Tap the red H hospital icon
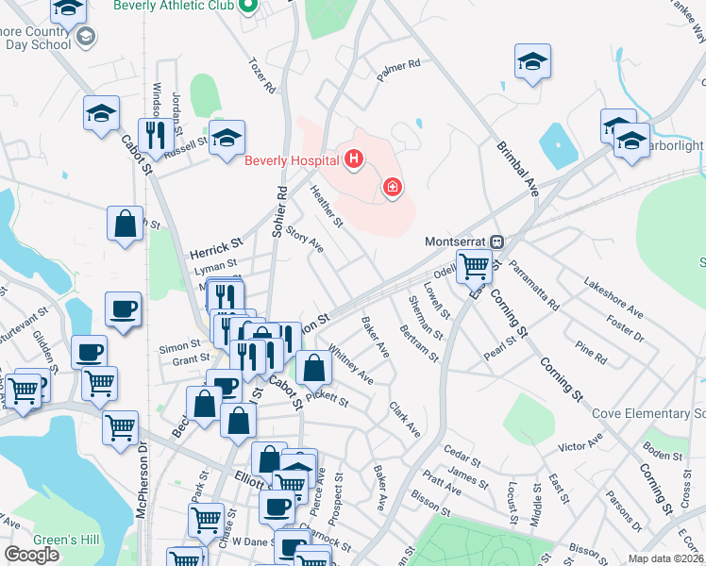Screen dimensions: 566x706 click(x=354, y=159)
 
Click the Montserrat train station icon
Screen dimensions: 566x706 click(x=505, y=241)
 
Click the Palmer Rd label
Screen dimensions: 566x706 click(x=398, y=67)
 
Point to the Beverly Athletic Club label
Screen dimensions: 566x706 click(x=175, y=6)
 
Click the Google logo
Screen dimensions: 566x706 click(x=32, y=555)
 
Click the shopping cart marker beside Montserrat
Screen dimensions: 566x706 click(x=474, y=265)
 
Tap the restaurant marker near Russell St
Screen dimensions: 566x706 click(x=153, y=134)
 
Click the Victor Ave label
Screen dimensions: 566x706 click(x=580, y=443)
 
